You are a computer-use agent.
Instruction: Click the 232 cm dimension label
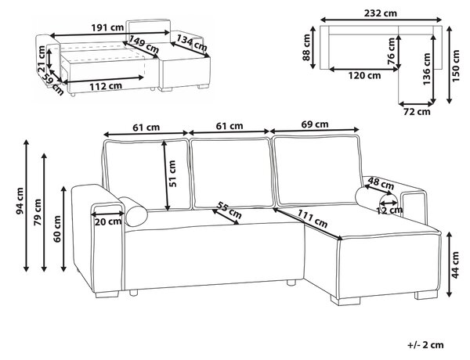tap(381, 13)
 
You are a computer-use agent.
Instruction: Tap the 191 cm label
tap(107, 27)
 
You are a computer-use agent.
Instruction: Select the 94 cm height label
tap(20, 201)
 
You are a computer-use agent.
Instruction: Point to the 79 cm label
tap(38, 212)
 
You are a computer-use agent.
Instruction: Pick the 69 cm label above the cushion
tap(315, 124)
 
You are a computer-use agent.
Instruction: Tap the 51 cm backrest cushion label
tap(172, 174)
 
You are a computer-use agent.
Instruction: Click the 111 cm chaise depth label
tap(313, 218)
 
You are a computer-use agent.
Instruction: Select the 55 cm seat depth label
tap(229, 211)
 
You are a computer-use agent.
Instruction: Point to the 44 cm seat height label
tap(455, 265)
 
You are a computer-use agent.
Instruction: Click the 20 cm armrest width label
tap(108, 222)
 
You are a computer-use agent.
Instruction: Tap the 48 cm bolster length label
tap(381, 183)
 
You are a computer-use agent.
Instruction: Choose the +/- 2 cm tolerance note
tap(425, 344)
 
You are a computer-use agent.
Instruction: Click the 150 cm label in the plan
tap(455, 66)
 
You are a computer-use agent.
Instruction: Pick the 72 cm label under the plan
tap(417, 112)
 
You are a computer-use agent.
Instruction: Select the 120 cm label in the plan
tap(364, 75)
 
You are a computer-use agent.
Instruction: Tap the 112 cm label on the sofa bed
tap(106, 86)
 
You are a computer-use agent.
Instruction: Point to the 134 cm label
tap(192, 43)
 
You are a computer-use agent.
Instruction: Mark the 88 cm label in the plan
tap(306, 47)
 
